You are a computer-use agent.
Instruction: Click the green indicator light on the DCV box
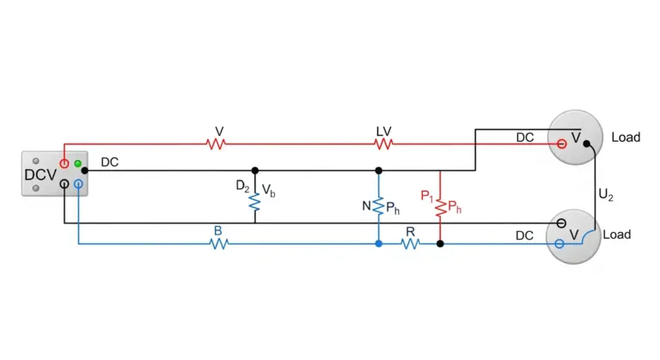click(x=78, y=163)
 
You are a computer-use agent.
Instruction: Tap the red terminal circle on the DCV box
click(x=64, y=164)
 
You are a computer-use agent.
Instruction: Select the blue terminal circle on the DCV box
click(x=78, y=184)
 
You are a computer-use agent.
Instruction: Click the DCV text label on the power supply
click(x=40, y=174)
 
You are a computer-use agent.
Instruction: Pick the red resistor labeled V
click(x=216, y=144)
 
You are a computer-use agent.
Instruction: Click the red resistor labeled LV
click(x=383, y=144)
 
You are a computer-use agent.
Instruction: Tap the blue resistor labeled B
click(x=219, y=244)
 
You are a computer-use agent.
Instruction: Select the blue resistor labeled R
click(x=411, y=244)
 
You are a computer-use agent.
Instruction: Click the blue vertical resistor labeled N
click(x=379, y=206)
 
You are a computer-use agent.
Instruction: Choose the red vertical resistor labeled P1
click(x=440, y=207)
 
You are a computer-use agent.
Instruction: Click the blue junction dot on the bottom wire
click(x=379, y=244)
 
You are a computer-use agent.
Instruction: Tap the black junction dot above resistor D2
click(x=255, y=170)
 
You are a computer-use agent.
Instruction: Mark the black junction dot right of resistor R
click(x=440, y=244)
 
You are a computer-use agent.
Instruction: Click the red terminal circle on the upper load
click(x=561, y=144)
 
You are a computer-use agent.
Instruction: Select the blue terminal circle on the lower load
click(x=559, y=244)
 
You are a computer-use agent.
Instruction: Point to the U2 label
click(x=606, y=195)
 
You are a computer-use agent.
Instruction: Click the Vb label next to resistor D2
click(x=268, y=191)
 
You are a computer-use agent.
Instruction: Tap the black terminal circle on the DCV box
click(x=64, y=184)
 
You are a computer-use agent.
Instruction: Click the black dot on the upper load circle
click(x=587, y=144)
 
